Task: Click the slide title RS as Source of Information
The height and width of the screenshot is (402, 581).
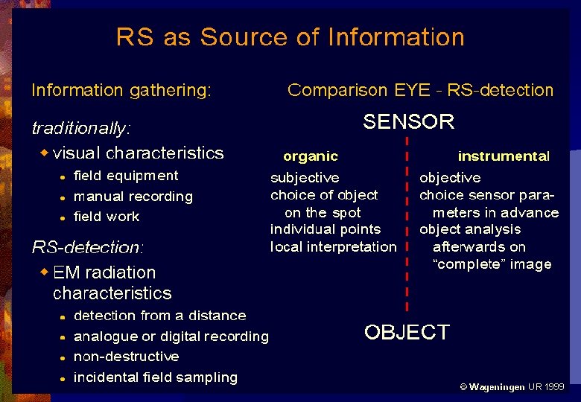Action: click(x=290, y=37)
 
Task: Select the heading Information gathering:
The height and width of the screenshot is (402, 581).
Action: click(x=121, y=91)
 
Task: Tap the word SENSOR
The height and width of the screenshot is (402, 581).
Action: click(x=408, y=122)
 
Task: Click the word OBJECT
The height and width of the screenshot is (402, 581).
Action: click(x=407, y=332)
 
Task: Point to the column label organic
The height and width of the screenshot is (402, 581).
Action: click(x=311, y=156)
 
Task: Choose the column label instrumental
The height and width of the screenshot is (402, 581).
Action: click(x=504, y=156)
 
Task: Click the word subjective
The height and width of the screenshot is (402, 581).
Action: click(x=305, y=178)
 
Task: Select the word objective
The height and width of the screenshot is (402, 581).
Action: click(x=450, y=178)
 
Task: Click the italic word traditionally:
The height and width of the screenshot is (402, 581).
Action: click(x=81, y=128)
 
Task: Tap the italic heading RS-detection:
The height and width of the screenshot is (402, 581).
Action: click(x=87, y=246)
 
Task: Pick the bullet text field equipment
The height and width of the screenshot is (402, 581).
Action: click(x=126, y=176)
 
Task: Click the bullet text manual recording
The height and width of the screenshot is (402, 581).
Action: click(x=133, y=197)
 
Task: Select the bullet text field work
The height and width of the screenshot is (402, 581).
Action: click(x=107, y=217)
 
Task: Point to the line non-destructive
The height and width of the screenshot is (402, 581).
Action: click(x=127, y=357)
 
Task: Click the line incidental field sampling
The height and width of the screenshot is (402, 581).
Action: click(x=156, y=377)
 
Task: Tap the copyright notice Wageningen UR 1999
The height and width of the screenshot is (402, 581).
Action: click(x=512, y=387)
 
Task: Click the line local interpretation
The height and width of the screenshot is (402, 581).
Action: click(x=333, y=247)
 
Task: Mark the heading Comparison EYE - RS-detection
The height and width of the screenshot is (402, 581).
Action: click(x=420, y=91)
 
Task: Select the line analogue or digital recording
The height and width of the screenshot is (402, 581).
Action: click(x=171, y=336)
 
